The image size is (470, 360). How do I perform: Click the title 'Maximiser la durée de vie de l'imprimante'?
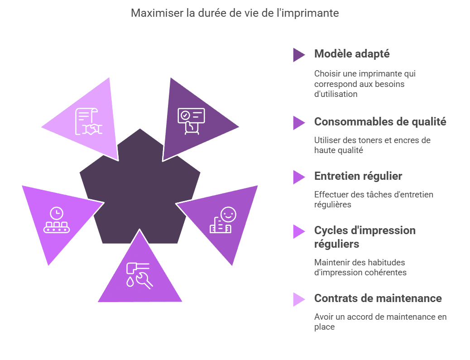(235, 13)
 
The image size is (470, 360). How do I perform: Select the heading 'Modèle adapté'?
(352, 54)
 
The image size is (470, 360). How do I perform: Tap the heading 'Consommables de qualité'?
(380, 122)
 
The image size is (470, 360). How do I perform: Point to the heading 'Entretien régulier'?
(358, 176)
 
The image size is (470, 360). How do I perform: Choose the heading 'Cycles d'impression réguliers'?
(364, 237)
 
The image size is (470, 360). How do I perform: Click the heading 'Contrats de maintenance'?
(378, 298)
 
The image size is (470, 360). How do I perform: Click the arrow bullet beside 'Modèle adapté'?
(299, 55)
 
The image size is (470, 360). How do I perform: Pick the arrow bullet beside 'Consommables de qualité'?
(299, 123)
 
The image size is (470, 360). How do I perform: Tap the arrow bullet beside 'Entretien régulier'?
(299, 177)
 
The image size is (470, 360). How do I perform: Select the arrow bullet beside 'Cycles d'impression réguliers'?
(299, 231)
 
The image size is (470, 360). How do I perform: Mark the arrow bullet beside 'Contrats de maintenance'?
(299, 299)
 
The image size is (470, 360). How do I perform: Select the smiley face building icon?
(223, 220)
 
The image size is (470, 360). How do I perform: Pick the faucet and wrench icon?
(139, 274)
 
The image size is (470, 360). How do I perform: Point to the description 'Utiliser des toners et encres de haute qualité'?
(372, 145)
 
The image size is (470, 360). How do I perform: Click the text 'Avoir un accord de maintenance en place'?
(380, 322)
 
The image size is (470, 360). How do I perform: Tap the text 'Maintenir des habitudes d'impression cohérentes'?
(360, 267)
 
